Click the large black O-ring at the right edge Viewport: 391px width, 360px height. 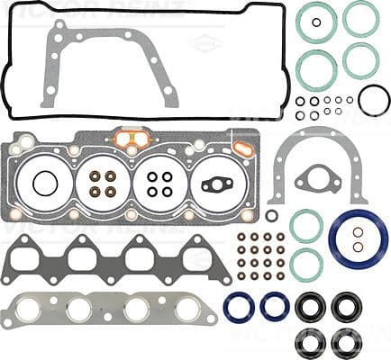pos(373,99)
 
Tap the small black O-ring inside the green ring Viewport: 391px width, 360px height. pos(316,22)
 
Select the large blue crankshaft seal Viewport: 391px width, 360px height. pos(358,238)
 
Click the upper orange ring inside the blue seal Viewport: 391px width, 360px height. pos(358,231)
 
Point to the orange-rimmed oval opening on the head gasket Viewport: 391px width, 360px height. pos(132,139)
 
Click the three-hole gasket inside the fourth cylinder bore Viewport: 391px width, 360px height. pos(217,184)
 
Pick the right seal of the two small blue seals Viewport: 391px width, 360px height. pos(274,306)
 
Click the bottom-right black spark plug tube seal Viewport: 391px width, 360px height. pos(343,342)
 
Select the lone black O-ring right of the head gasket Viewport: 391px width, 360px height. pos(271,216)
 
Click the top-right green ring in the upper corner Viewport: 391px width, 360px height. pos(360,18)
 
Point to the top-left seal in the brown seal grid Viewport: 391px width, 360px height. pos(241,238)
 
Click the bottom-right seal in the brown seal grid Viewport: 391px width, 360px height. pos(280,275)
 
